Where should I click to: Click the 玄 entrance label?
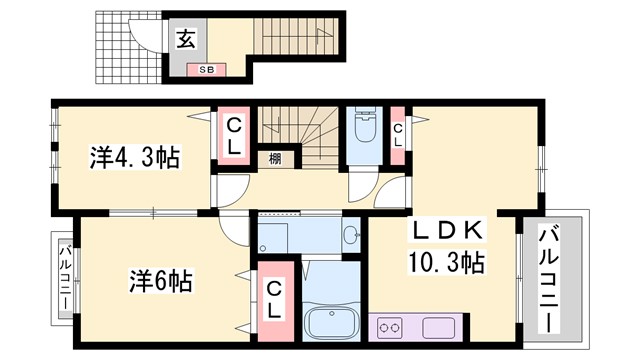point(186,40)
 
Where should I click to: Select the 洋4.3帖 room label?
point(135,157)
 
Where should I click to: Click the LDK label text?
point(449,232)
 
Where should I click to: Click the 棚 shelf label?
point(273,158)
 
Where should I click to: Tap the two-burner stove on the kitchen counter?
point(390,327)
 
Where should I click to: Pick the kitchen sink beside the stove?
point(440,327)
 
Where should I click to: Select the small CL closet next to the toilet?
point(398,134)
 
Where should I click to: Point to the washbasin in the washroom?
point(349,237)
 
